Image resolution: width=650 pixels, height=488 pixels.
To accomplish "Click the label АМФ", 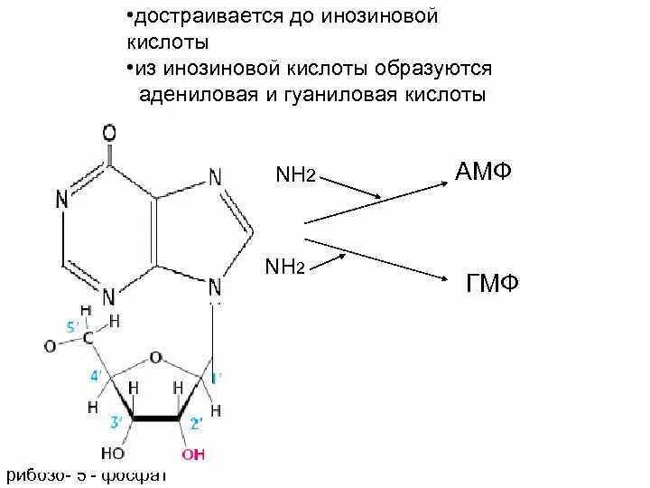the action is pos(483,171).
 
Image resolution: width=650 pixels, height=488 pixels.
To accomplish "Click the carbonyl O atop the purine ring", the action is pos(109,133).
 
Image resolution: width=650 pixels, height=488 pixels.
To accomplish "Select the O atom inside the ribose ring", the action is pos(155,358).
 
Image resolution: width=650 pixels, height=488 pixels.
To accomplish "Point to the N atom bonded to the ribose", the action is pos(215,288).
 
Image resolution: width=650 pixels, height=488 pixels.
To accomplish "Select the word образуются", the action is pos(440,69).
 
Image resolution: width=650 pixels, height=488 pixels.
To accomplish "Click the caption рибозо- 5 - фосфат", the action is pos(87,476).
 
